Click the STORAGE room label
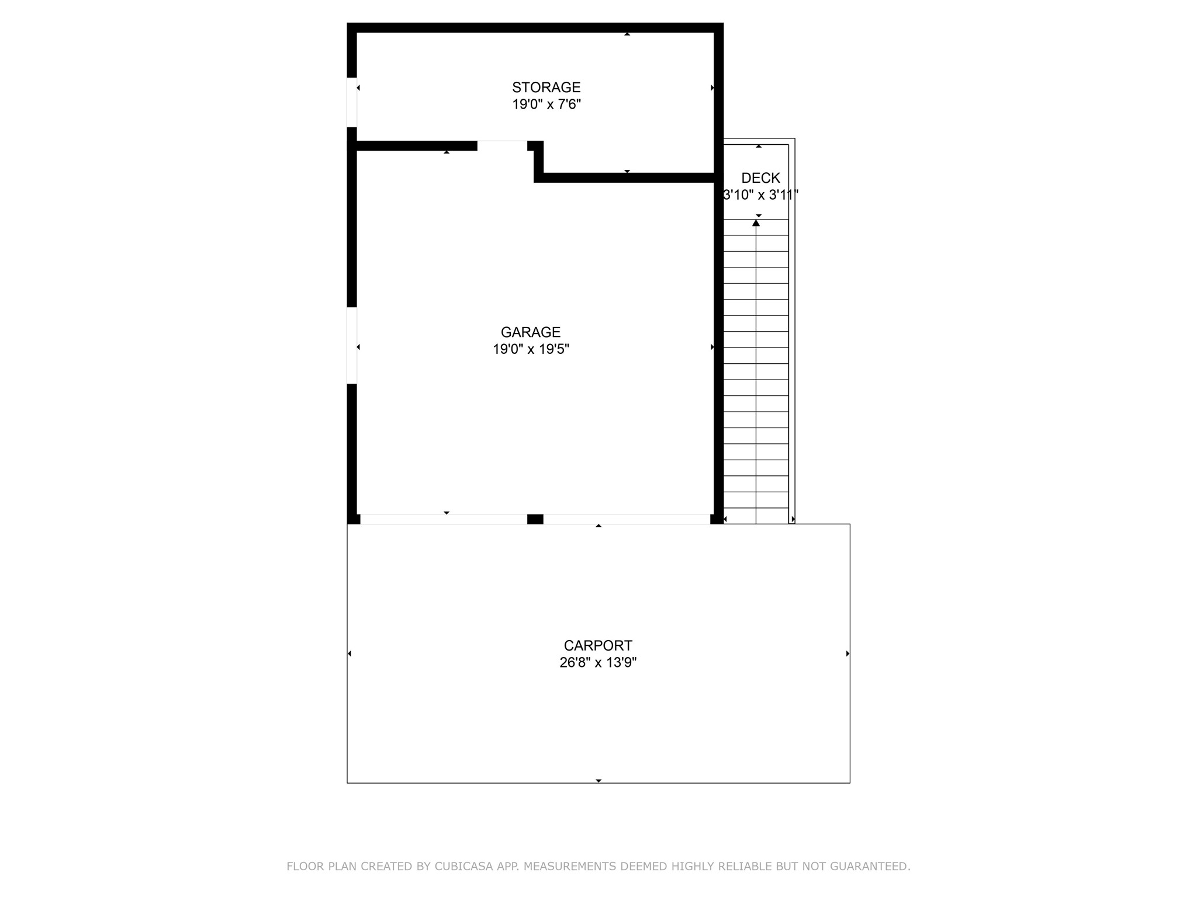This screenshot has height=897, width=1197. [546, 88]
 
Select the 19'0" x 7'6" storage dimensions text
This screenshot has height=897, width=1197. [546, 105]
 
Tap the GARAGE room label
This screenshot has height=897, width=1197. [530, 332]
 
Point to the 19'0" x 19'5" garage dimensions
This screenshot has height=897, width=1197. [530, 349]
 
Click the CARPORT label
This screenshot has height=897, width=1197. [597, 645]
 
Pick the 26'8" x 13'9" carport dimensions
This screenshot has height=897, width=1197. [597, 662]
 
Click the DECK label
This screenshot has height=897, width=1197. [760, 178]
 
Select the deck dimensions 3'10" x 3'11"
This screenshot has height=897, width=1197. [760, 195]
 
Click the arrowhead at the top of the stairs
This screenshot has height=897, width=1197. [756, 223]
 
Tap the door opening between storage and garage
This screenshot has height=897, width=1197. [502, 145]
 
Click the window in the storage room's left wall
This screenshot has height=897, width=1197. [352, 102]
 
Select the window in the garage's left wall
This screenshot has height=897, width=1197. [352, 345]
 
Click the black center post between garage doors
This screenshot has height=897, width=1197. [535, 519]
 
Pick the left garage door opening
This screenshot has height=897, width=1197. [444, 519]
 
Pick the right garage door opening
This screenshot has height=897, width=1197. [627, 519]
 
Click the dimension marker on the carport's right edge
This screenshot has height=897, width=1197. [847, 653]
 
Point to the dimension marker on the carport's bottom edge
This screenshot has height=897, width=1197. [598, 781]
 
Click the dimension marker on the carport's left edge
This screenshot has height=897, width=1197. [350, 653]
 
